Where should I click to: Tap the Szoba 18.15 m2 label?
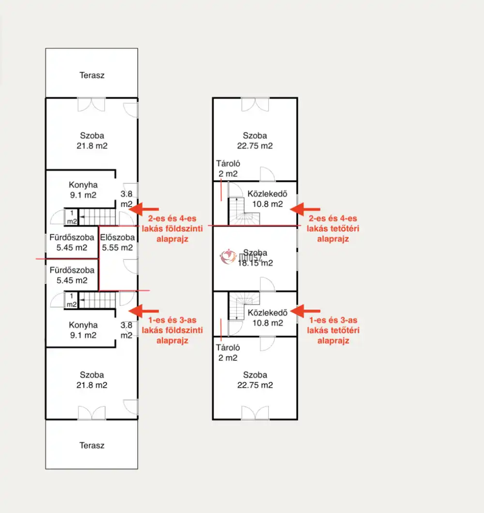(x=255, y=258)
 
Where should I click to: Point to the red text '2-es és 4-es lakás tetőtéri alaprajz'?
(x=333, y=228)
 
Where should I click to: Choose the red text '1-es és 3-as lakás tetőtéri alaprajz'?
(x=333, y=330)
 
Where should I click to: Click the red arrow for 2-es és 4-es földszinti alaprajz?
(x=144, y=209)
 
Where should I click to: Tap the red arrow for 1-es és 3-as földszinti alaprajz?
(x=144, y=310)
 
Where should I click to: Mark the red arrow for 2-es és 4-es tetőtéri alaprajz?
(x=305, y=209)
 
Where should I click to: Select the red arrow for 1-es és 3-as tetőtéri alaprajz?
(x=305, y=310)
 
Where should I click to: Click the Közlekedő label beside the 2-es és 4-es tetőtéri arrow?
(x=265, y=199)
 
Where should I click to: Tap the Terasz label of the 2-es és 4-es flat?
(x=92, y=75)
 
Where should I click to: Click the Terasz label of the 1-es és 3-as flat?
(x=92, y=445)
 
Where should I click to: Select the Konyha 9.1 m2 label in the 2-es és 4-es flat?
(x=83, y=190)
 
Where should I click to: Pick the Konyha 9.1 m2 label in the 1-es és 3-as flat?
(x=83, y=330)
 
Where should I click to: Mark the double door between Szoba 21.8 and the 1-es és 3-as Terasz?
(x=92, y=413)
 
